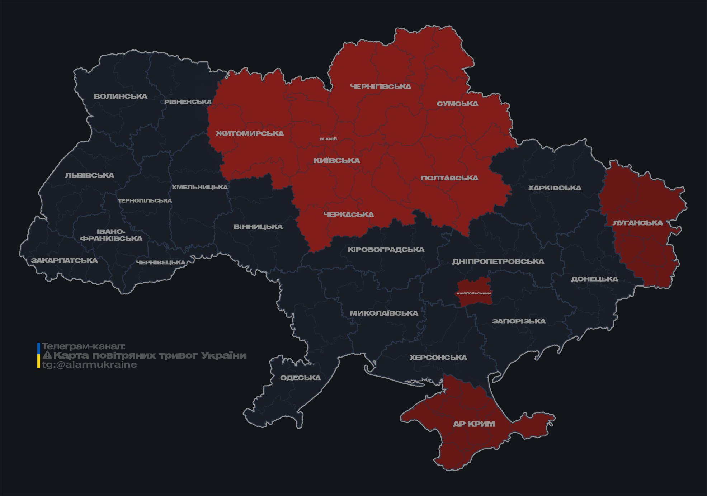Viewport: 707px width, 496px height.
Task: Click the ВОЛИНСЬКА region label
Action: click(121, 96)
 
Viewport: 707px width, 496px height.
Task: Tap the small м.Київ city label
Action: click(329, 139)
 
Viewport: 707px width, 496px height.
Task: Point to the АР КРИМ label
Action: click(474, 424)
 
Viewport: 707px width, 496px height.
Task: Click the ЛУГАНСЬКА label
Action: click(637, 223)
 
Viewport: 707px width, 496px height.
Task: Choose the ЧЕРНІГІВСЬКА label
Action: click(381, 86)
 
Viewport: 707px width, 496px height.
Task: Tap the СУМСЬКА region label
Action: click(457, 104)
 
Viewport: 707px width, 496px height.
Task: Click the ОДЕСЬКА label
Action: click(300, 378)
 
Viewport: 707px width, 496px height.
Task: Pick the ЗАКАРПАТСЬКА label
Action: click(64, 260)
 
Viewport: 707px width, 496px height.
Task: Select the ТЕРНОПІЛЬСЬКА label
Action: click(145, 200)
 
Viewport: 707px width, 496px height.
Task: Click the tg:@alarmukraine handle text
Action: click(89, 365)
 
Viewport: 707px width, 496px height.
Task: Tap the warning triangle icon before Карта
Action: click(47, 355)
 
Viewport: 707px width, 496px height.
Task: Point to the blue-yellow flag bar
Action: click(39, 355)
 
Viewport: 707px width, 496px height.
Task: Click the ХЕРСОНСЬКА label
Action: click(438, 358)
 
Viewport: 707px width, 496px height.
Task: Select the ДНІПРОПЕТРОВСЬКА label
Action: click(498, 261)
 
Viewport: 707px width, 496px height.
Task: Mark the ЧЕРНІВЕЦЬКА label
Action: click(161, 263)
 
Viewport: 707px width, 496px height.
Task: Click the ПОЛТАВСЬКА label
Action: click(449, 178)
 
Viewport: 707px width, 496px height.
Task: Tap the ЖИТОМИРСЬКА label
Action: click(250, 133)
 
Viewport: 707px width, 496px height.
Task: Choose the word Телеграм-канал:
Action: click(84, 346)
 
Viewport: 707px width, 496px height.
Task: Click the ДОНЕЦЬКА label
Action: click(594, 279)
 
